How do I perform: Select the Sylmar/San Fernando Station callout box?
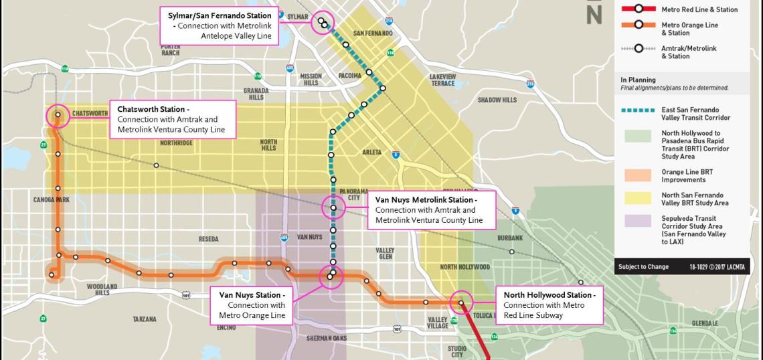coord(219,25)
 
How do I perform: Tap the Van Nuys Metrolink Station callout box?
coord(432,209)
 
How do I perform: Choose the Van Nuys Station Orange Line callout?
coord(252,304)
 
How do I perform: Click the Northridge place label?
coord(176,143)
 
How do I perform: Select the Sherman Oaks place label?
coord(327,338)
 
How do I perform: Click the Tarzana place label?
coord(144,319)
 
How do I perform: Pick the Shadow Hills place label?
coord(497,100)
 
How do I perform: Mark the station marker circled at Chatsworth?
coord(58,115)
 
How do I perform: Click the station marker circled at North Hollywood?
coord(461,303)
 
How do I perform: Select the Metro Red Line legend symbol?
coord(639,9)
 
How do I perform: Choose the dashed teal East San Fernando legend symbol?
coord(639,110)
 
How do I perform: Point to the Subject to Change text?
coord(643,267)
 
